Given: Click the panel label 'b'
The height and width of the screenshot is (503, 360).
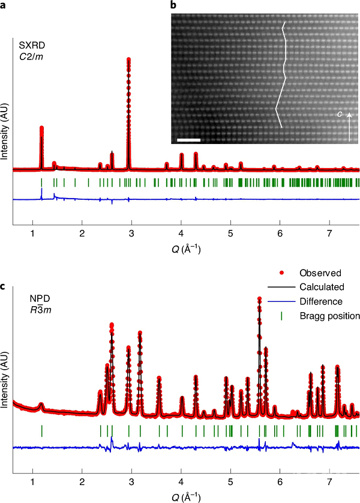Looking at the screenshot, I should [174, 5].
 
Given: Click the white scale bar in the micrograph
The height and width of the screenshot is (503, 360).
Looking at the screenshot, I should [188, 140].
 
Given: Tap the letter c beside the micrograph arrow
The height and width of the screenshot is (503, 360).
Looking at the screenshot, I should [339, 113].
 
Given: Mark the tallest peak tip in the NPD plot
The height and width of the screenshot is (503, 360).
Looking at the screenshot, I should [259, 298].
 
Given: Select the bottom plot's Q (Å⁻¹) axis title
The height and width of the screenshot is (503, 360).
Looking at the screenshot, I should [186, 497].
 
